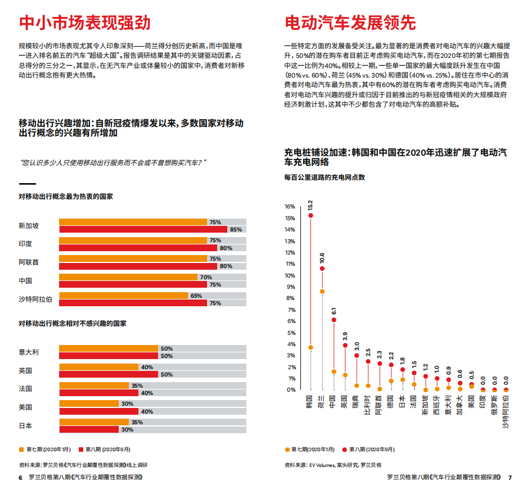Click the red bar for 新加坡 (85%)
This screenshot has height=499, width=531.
click(143, 229)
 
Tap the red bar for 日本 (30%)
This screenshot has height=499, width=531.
click(88, 429)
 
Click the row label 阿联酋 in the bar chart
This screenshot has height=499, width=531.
click(29, 262)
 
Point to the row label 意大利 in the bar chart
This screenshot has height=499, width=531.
click(29, 352)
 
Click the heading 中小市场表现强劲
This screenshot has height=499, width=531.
click(84, 22)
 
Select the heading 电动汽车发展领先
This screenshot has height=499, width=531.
click(350, 22)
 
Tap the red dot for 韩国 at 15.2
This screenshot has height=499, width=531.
click(310, 216)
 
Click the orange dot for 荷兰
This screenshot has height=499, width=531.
click(322, 291)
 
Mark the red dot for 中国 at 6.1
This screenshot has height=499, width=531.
click(334, 320)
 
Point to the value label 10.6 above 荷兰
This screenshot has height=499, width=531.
click(322, 258)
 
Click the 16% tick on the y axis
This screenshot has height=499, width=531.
click(290, 206)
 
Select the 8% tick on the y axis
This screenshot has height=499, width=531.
click(291, 298)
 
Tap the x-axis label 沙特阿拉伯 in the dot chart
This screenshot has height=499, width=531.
click(506, 414)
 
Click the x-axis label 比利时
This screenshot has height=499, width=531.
click(368, 405)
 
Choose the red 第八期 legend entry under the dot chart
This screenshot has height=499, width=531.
click(370, 449)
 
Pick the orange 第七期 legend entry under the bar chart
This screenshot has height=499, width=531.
click(45, 449)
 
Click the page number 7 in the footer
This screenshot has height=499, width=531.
click(510, 478)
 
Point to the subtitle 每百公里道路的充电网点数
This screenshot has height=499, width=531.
click(325, 177)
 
